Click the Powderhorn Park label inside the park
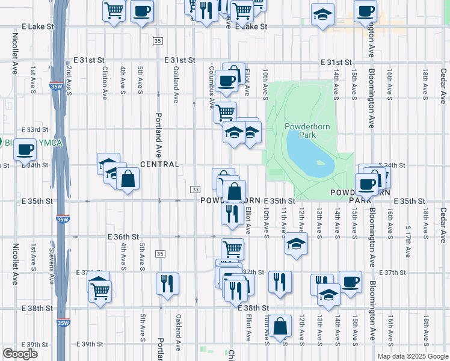[x=300, y=131]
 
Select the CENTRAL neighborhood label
[x=159, y=164]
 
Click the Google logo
[x=20, y=354]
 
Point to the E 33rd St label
[x=34, y=130]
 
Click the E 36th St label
[x=123, y=237]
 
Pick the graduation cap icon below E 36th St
[x=295, y=243]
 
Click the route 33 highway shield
[x=196, y=190]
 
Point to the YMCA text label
[x=51, y=143]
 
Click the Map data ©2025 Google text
[x=412, y=356]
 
